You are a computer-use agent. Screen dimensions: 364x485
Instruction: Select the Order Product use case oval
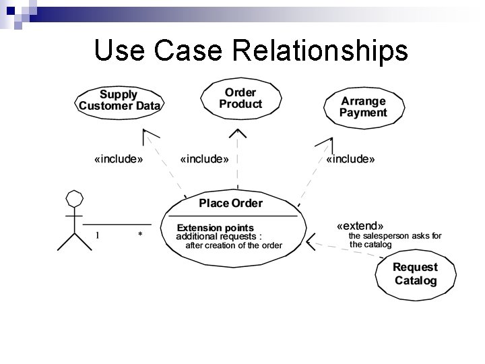point(240,98)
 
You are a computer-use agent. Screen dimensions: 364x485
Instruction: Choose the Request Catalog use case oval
point(415,274)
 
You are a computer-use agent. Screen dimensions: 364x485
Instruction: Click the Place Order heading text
point(231,203)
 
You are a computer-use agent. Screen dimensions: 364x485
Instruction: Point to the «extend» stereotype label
point(360,225)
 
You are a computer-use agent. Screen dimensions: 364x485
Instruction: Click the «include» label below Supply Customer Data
point(119,160)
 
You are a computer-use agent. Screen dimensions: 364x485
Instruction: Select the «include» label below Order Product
point(205,160)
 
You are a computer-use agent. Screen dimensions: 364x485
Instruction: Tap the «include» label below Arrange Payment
point(350,160)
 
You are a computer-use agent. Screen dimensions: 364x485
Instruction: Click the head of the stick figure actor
point(73,198)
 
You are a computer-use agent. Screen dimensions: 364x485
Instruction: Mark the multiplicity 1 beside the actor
point(97,235)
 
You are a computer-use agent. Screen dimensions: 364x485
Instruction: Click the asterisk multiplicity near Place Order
point(140,235)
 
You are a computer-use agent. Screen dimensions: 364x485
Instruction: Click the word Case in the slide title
point(180,51)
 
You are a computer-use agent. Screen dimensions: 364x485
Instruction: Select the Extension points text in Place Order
point(216,228)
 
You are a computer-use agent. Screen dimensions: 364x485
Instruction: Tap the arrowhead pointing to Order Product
point(237,133)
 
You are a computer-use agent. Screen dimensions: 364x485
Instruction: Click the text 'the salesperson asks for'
point(395,236)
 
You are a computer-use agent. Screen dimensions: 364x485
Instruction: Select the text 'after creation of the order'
point(234,245)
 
